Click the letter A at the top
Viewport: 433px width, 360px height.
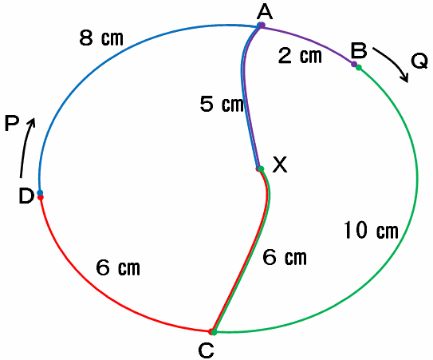[x=265, y=12]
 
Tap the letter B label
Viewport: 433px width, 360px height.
[x=359, y=50]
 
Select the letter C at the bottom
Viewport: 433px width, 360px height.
[x=206, y=350]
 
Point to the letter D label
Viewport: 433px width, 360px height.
[x=26, y=196]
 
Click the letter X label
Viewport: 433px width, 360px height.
[x=280, y=164]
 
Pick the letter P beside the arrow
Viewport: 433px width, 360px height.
[x=12, y=123]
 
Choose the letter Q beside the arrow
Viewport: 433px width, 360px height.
[x=419, y=61]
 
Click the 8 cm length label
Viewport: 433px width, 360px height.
[x=101, y=38]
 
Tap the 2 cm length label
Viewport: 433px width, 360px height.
[x=300, y=56]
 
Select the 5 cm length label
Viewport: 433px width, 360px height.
[x=222, y=104]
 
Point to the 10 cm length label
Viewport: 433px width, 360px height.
[x=371, y=230]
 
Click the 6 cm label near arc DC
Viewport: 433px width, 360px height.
[x=118, y=267]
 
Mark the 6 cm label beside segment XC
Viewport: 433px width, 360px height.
[x=285, y=257]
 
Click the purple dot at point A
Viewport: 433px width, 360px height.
[x=262, y=26]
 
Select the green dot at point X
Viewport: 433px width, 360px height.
[x=261, y=168]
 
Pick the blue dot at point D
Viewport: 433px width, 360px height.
[x=40, y=192]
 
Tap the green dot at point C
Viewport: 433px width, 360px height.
[x=214, y=332]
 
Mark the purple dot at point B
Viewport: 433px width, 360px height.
[x=354, y=64]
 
